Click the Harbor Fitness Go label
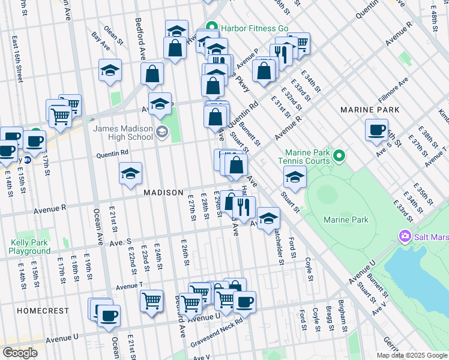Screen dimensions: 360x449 pos(255,28)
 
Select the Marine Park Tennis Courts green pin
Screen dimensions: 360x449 pos(339,157)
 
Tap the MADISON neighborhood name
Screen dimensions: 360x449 pos(163,193)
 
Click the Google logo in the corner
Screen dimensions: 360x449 pos(20,352)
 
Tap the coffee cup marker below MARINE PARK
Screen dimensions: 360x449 pos(377,130)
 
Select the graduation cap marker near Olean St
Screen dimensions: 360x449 pos(110,71)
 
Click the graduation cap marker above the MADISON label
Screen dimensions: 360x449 pos(130,174)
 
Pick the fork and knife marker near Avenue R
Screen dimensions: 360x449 pos(243,208)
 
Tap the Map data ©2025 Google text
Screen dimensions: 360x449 pos(412,355)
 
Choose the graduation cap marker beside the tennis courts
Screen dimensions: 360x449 pos(295,177)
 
